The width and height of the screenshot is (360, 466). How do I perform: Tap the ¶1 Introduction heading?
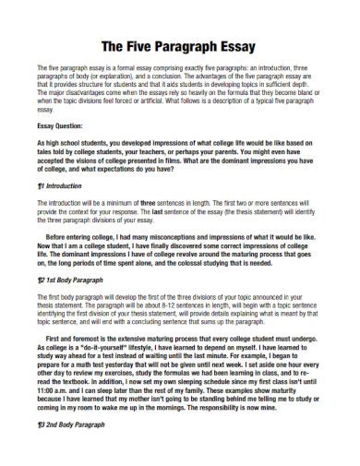pyautogui.click(x=59, y=185)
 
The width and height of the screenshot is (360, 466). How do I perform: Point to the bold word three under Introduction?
pyautogui.click(x=149, y=200)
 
